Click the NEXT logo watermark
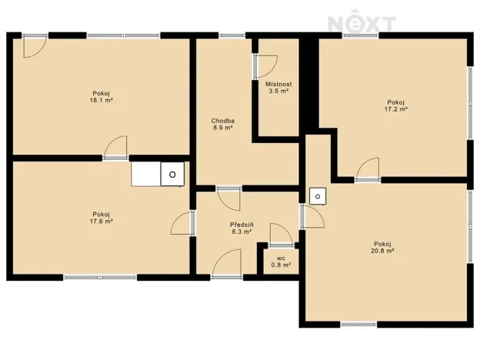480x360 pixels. (x=362, y=23)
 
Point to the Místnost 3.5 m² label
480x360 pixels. (x=278, y=87)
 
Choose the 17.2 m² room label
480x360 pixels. (x=395, y=105)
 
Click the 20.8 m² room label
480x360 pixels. (x=380, y=247)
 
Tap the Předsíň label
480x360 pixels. (x=242, y=227)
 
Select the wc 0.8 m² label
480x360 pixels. (x=281, y=262)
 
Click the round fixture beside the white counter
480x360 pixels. (x=173, y=175)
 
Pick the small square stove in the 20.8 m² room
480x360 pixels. (x=317, y=196)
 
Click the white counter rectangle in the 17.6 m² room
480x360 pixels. (x=146, y=175)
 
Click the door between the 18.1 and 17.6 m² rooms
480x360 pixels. (x=116, y=148)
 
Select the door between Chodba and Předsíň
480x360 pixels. (x=229, y=198)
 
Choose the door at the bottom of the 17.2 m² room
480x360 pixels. (x=367, y=169)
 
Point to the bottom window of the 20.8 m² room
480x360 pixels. (x=358, y=324)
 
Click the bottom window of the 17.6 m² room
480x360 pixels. (x=100, y=276)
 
